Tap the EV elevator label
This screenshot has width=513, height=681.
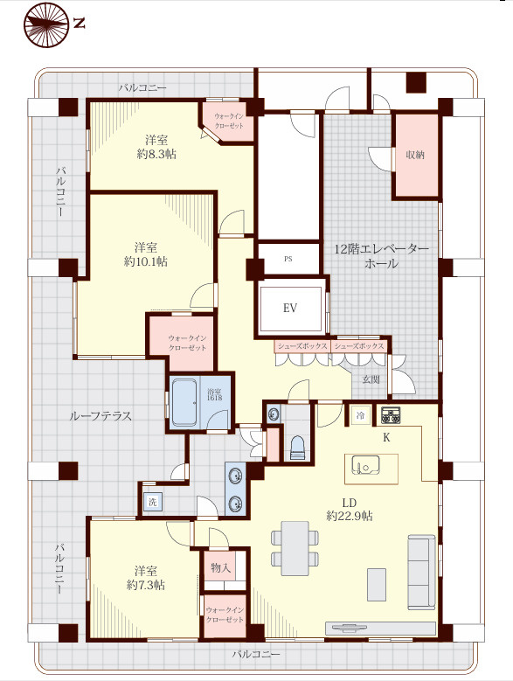tap(290, 308)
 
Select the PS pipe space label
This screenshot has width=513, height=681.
tap(288, 259)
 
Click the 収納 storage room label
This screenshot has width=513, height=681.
tap(415, 155)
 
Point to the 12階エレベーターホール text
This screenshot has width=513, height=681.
tap(382, 255)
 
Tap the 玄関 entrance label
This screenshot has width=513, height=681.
tap(371, 379)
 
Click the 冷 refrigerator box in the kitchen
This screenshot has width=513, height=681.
tap(359, 416)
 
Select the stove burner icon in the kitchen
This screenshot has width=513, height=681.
tap(390, 415)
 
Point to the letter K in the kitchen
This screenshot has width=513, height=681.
tap(385, 436)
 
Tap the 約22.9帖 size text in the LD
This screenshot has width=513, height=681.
tap(350, 516)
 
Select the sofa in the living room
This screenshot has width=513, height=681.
tap(421, 572)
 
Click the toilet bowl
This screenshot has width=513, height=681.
tap(296, 446)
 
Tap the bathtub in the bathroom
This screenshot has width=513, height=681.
tap(185, 402)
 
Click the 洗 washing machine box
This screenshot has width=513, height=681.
tap(152, 503)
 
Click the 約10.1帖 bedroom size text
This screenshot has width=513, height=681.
tap(146, 261)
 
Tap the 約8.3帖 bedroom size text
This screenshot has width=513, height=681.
tap(157, 154)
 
